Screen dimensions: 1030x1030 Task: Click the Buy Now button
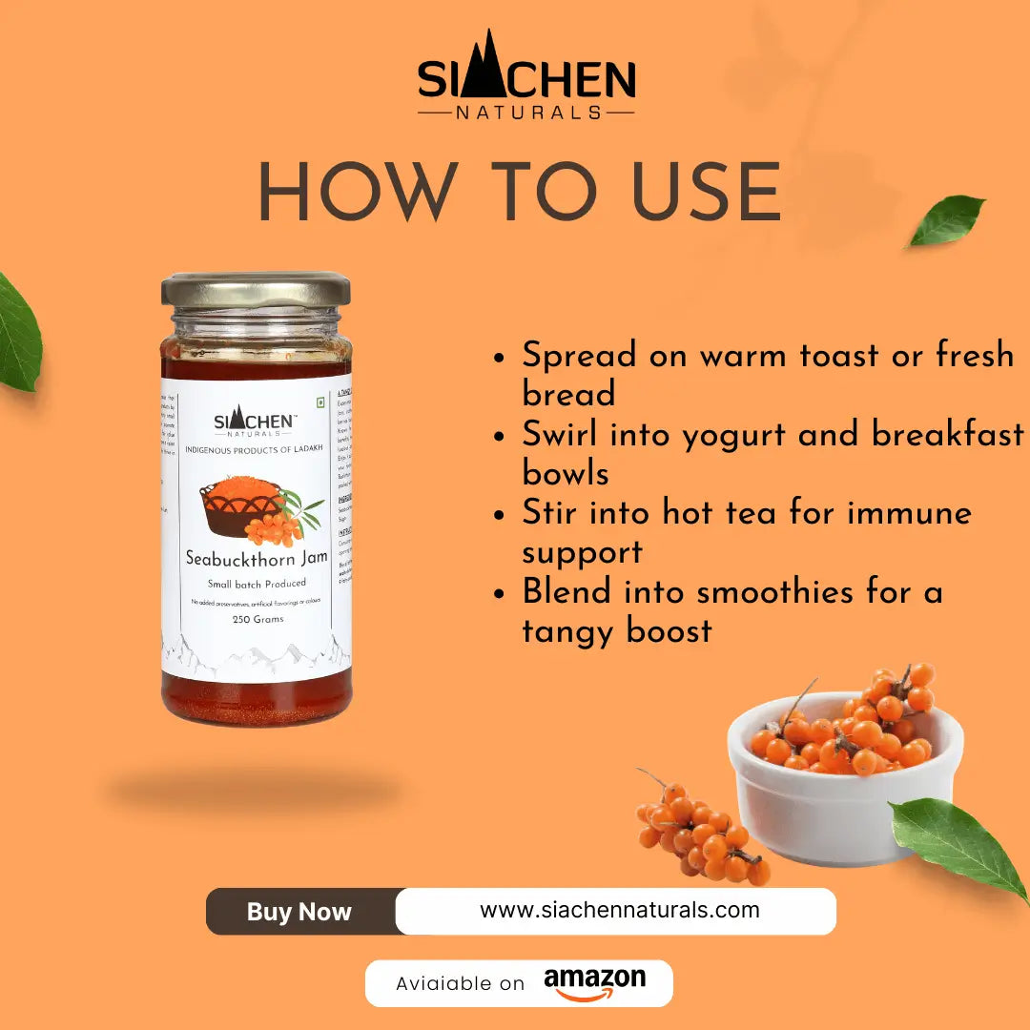pyautogui.click(x=299, y=912)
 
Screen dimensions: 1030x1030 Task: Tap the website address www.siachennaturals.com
pyautogui.click(x=619, y=910)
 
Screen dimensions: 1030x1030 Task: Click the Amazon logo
pyautogui.click(x=594, y=981)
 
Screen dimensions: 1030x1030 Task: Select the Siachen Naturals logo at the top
pyautogui.click(x=526, y=76)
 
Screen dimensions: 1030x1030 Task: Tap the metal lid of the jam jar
pyautogui.click(x=256, y=289)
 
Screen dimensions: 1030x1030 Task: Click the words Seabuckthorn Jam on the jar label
pyautogui.click(x=256, y=559)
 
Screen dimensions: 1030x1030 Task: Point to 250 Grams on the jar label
pyautogui.click(x=257, y=619)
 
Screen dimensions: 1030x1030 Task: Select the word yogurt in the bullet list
pyautogui.click(x=725, y=435)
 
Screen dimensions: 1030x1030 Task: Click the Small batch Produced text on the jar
pyautogui.click(x=257, y=584)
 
